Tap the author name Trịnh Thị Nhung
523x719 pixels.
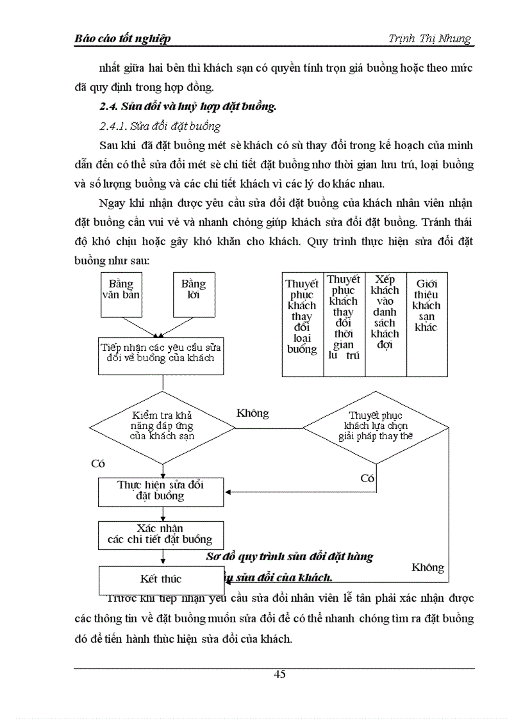coord(429,39)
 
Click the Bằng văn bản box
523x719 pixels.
coord(121,293)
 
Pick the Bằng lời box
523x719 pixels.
coord(194,293)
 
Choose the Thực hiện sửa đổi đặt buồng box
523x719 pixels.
coord(161,490)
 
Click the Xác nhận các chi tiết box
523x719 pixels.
coord(161,534)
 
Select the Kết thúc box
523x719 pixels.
coord(161,579)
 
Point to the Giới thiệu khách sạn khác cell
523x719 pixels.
coord(426,324)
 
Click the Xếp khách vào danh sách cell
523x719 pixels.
coord(385,324)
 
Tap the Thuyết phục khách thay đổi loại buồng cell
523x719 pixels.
coord(303,324)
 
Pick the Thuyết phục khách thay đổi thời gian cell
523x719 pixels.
coord(344,324)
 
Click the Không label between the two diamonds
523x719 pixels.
coord(253,413)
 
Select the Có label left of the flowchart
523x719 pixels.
coord(97,464)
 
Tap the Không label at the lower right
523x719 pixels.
coord(428,567)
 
